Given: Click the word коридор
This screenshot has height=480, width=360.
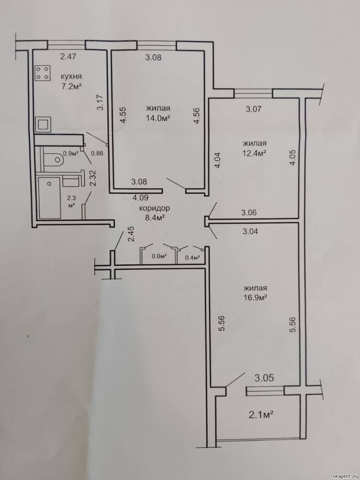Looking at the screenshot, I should tap(154, 208).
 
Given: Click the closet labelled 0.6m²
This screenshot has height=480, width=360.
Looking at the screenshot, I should tap(159, 256).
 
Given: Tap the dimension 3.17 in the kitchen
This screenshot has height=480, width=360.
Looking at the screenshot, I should tap(100, 103).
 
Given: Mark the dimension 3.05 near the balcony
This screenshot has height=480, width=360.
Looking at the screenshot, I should tap(263, 377).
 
